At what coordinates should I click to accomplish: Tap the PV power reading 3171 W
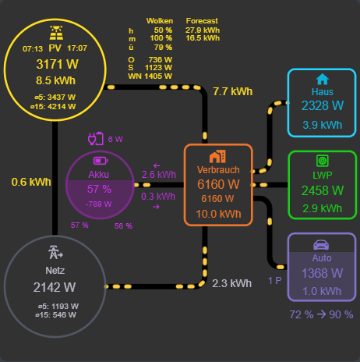(56, 64)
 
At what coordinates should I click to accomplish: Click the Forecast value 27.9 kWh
(203, 30)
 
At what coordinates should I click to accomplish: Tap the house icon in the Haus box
(322, 79)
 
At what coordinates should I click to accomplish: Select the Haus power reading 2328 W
(322, 106)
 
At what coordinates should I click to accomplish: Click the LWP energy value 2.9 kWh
(322, 208)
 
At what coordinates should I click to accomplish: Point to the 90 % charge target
(339, 314)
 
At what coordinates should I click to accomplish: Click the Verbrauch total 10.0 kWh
(217, 214)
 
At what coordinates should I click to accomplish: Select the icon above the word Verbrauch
(217, 156)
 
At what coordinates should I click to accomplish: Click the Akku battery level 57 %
(99, 189)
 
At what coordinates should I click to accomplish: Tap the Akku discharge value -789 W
(99, 204)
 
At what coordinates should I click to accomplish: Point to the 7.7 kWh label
(232, 91)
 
